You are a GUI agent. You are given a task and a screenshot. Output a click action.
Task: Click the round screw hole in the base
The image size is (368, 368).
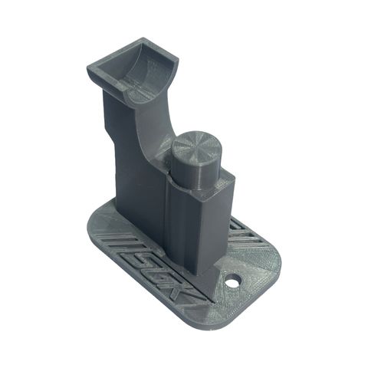232,281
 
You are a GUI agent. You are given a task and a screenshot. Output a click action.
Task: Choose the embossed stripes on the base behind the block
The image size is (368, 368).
239,230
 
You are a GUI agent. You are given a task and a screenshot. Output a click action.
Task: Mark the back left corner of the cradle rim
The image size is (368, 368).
90,67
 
